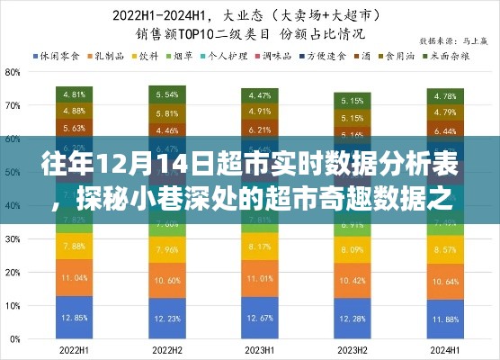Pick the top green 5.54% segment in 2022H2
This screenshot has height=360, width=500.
coord(165,94)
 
